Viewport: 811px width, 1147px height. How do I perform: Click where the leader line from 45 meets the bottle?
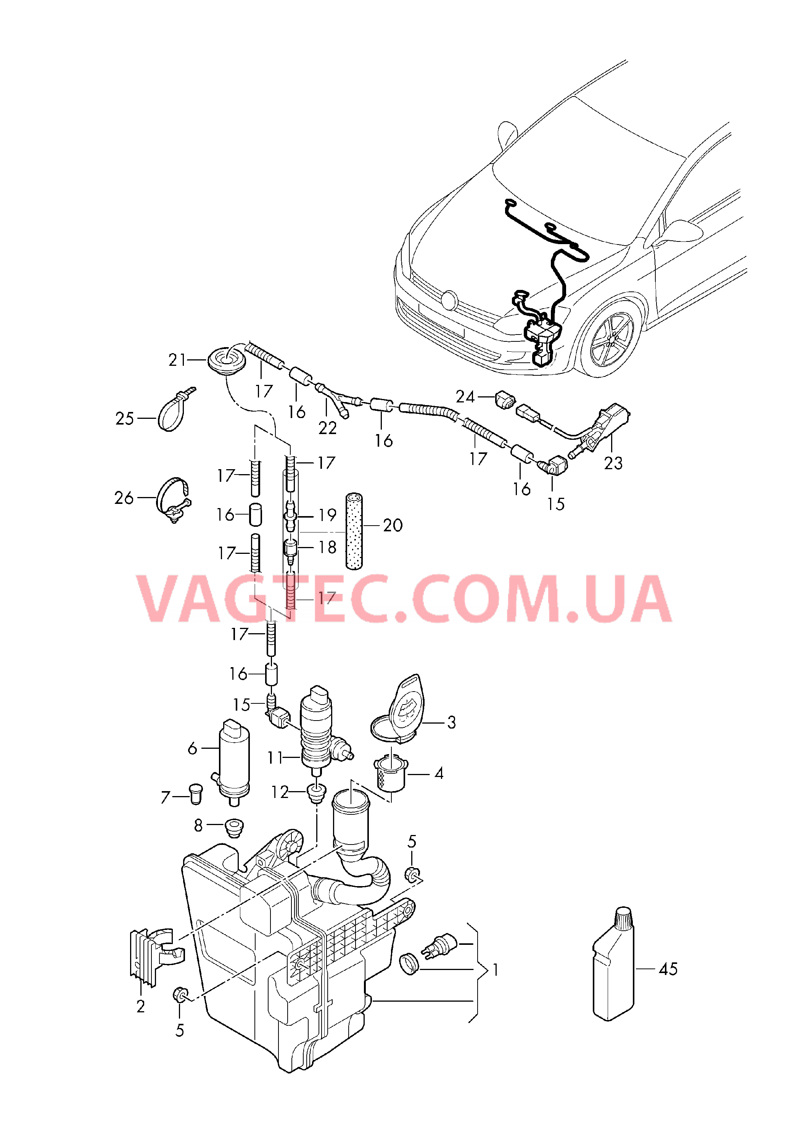tap(635, 968)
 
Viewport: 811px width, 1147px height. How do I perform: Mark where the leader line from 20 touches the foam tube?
tap(362, 525)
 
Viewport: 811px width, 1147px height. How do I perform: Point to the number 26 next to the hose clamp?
tap(124, 497)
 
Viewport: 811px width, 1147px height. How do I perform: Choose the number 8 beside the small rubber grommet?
tap(198, 825)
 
